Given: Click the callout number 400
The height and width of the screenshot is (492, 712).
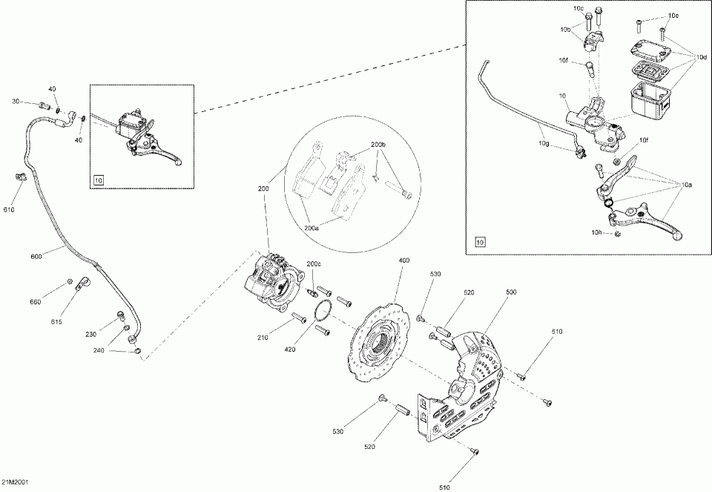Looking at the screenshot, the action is coord(403,261).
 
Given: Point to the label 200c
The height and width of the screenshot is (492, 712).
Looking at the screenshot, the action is coord(314,263).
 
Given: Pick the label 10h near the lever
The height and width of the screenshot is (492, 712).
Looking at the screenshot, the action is coord(598,232).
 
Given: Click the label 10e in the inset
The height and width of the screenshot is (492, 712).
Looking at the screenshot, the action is coord(673,16).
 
